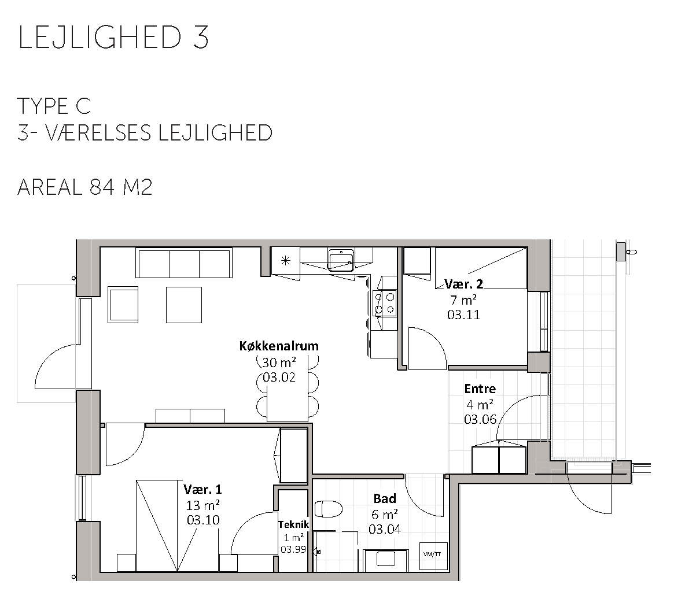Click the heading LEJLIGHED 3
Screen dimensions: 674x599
[x=113, y=37]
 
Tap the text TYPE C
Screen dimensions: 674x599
[x=54, y=106]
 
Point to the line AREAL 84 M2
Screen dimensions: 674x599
[x=84, y=187]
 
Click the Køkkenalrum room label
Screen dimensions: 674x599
[x=279, y=346]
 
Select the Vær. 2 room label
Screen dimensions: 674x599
[x=464, y=284]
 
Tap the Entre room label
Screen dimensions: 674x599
[x=480, y=389]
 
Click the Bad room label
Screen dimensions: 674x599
[x=385, y=498]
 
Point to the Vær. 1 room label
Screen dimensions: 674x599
[x=203, y=489]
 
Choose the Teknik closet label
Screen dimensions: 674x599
[x=293, y=524]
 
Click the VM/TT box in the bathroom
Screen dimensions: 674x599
[x=433, y=554]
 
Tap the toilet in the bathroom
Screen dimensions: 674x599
[x=329, y=509]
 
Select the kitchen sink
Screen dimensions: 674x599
[x=341, y=260]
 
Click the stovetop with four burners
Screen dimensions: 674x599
[x=385, y=304]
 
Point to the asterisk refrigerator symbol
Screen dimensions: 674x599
[x=286, y=260]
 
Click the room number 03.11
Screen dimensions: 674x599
[x=463, y=315]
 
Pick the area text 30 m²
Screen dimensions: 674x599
[x=279, y=363]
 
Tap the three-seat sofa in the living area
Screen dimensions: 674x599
[x=184, y=263]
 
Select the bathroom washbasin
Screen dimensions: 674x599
[x=386, y=560]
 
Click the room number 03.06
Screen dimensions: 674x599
[x=480, y=419]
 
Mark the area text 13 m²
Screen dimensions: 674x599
[x=203, y=504]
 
